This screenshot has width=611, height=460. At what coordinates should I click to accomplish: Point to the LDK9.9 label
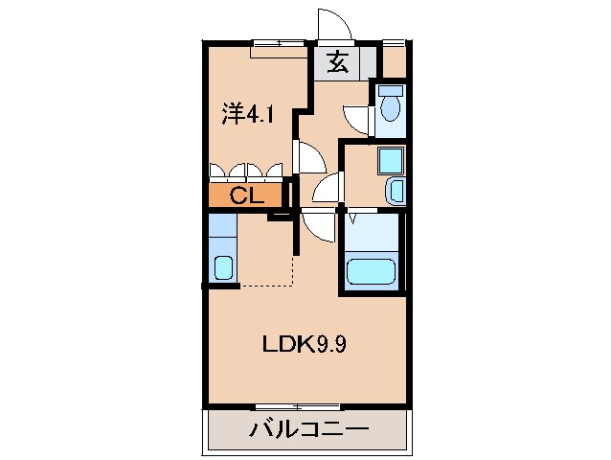[305, 344]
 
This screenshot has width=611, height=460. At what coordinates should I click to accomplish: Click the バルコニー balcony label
[308, 428]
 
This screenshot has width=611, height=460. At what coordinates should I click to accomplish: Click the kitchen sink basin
[223, 267]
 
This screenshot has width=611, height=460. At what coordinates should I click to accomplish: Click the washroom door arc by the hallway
[324, 189]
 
